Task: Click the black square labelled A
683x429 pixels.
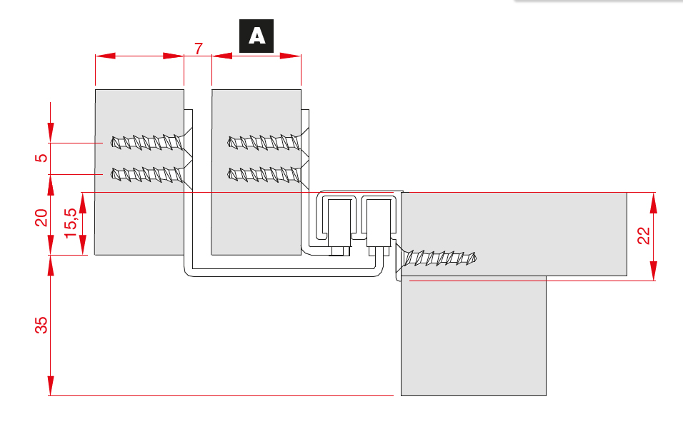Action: coord(256,36)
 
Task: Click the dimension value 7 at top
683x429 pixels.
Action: coord(198,49)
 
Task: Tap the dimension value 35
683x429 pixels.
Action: coord(41,325)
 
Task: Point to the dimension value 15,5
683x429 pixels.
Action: coord(71,223)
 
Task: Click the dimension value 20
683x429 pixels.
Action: coord(41,218)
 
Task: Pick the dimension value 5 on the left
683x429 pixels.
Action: coord(41,158)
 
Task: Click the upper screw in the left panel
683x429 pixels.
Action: coord(146,142)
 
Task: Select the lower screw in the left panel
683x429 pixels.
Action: coord(146,173)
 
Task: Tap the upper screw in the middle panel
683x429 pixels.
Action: coord(263,142)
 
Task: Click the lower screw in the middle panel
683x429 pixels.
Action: coord(263,173)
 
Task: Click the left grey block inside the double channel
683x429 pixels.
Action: coord(340,222)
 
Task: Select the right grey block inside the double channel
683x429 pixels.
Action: coord(379,222)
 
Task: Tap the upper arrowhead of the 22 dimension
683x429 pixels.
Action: coord(653,203)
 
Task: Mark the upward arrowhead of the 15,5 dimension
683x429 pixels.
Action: coord(82,203)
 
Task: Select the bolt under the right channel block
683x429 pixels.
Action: coord(378,250)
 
